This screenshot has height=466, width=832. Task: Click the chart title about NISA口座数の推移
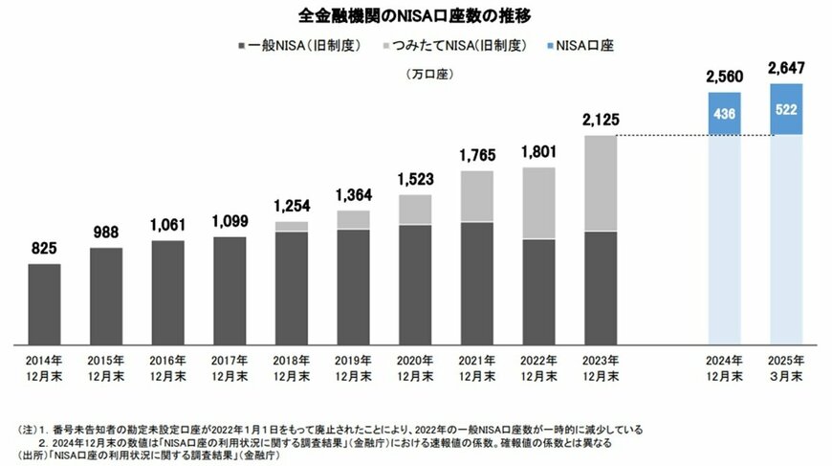(x=415, y=15)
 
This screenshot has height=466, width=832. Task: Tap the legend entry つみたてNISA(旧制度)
(x=456, y=45)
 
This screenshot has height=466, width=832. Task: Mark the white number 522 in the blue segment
(x=785, y=109)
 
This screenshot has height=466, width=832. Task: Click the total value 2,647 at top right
(x=785, y=69)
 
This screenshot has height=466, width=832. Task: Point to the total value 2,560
(x=723, y=77)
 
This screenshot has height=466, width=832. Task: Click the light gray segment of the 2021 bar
(x=476, y=196)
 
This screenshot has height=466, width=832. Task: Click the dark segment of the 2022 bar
(x=538, y=291)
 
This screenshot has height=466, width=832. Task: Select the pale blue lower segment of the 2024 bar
(x=723, y=239)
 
